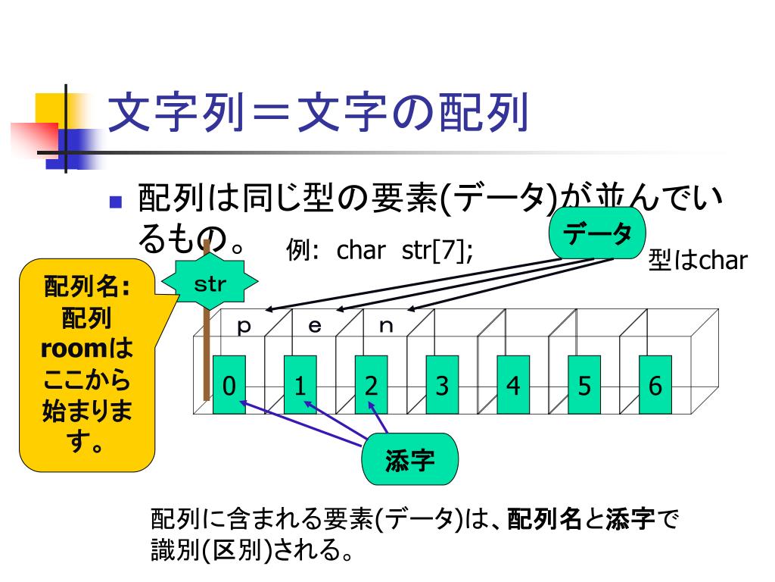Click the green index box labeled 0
point(229,384)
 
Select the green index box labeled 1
point(300,384)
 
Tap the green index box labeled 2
point(371,384)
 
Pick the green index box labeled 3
point(442,384)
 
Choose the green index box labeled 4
point(513,384)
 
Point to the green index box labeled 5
point(584,384)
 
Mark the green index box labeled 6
point(655,384)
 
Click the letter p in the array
point(244,327)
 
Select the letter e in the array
point(315,327)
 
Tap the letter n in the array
point(386,327)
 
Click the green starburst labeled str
point(211,285)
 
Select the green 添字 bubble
point(410,459)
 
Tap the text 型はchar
point(697,261)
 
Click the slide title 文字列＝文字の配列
point(318,114)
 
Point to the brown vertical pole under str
point(206,349)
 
